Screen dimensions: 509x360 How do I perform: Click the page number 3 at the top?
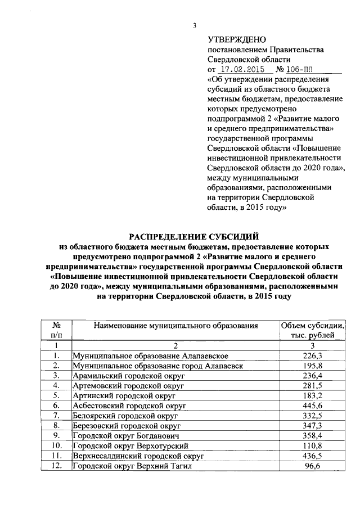194,25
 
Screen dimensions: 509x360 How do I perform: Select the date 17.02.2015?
245,70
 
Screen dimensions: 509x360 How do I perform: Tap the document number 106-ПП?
301,70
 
